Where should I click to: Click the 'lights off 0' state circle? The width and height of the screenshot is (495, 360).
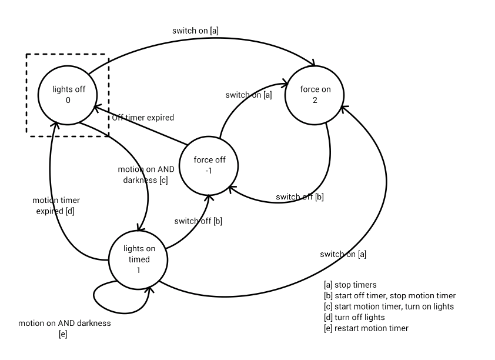pos(68,94)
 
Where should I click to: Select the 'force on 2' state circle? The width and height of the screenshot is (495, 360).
pos(315,94)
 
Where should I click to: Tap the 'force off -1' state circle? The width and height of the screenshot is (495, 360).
pos(209,166)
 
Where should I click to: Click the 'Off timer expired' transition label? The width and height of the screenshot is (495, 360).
pos(143,118)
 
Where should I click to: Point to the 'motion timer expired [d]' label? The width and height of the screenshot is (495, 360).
pos(56,205)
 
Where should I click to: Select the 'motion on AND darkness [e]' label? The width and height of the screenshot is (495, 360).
pos(64,328)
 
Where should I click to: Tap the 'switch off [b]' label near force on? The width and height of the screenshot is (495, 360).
pos(300,197)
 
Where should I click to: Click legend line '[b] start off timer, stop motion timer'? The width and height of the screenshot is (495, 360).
pos(389,295)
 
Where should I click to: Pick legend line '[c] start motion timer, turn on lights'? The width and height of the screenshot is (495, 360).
pos(389,306)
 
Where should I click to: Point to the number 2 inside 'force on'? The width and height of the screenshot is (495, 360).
pos(315,100)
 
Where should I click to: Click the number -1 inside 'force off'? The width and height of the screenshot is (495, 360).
pos(209,171)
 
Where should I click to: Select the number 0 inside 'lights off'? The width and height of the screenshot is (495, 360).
pos(68,100)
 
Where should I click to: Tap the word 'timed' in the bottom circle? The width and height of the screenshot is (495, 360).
pos(139,259)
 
